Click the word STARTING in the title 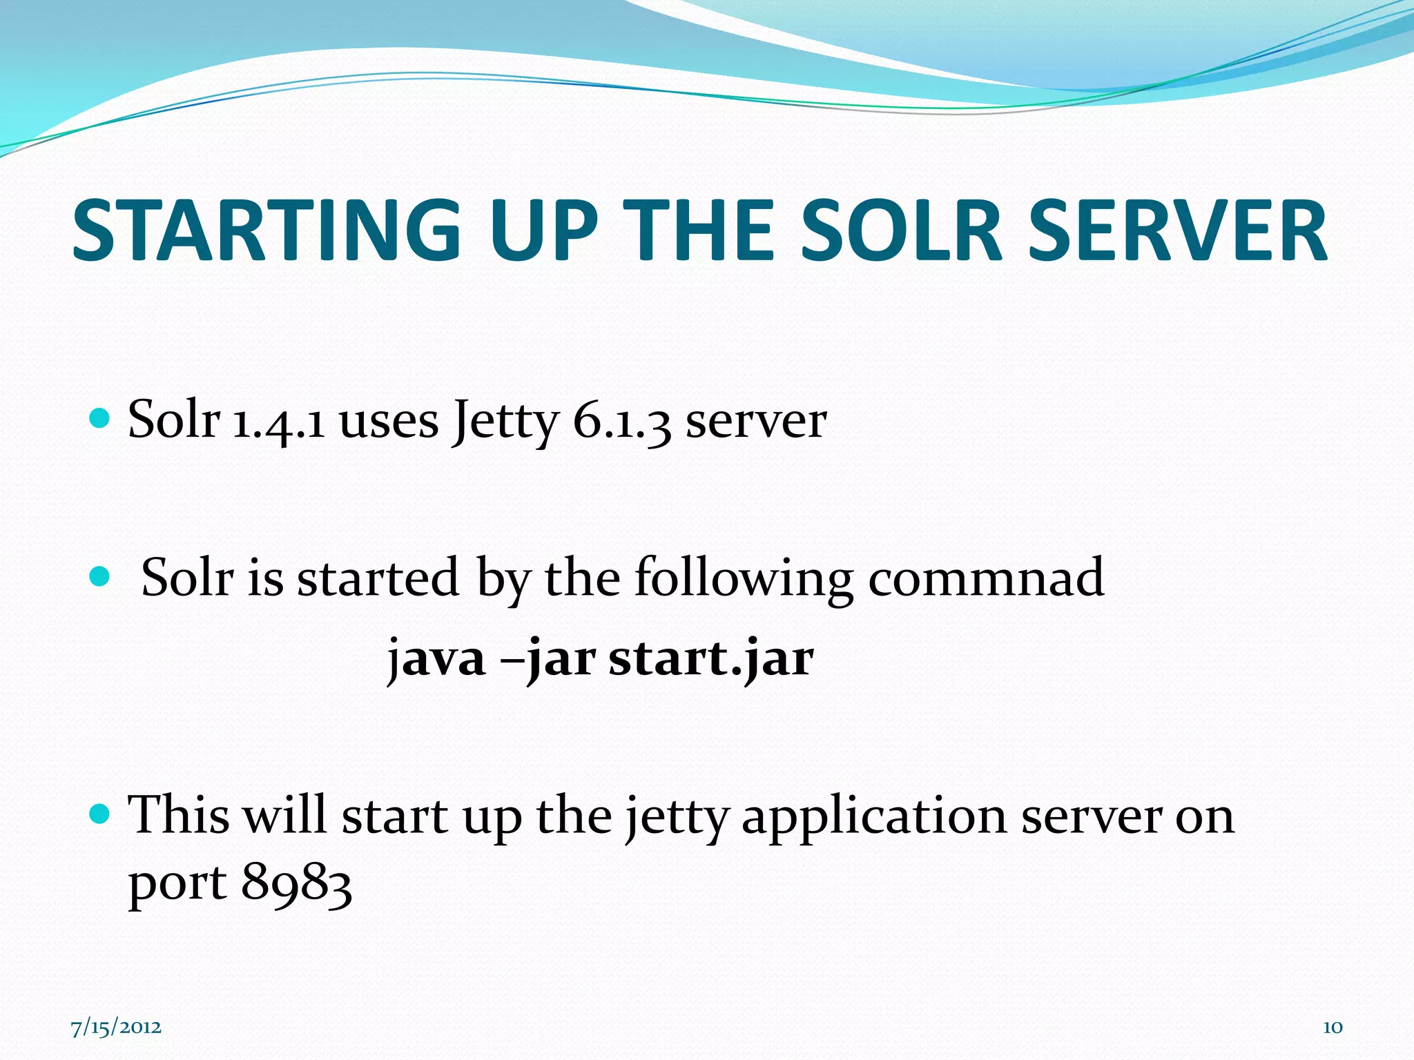pyautogui.click(x=266, y=231)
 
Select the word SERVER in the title pyautogui.click(x=1177, y=231)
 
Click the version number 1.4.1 pyautogui.click(x=278, y=421)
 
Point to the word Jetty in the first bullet pyautogui.click(x=505, y=421)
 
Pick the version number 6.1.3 pyautogui.click(x=621, y=421)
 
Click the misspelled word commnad pyautogui.click(x=986, y=578)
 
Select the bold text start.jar pyautogui.click(x=710, y=658)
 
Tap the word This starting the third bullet pyautogui.click(x=179, y=815)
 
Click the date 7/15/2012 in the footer pyautogui.click(x=116, y=1027)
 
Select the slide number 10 pyautogui.click(x=1332, y=1028)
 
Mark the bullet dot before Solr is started pyautogui.click(x=100, y=576)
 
